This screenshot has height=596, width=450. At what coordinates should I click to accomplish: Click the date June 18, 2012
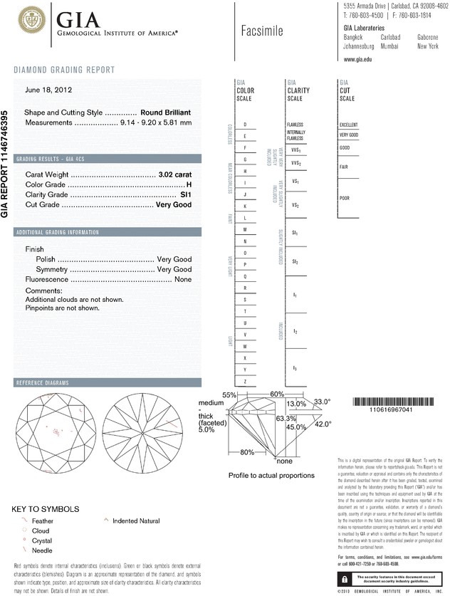click(x=48, y=90)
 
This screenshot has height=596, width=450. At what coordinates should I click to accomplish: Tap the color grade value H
click(x=189, y=184)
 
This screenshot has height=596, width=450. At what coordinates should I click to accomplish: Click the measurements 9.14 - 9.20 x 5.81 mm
click(x=156, y=122)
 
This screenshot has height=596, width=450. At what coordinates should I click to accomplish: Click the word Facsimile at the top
click(x=262, y=31)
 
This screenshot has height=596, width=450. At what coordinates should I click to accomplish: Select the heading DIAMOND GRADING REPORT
click(x=64, y=70)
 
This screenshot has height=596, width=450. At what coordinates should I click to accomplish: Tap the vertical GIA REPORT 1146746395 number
click(x=6, y=164)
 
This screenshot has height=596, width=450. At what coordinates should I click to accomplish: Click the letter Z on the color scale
click(x=245, y=382)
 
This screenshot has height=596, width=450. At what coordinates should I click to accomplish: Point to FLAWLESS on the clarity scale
click(x=295, y=125)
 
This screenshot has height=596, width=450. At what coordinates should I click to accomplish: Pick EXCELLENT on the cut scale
click(x=349, y=125)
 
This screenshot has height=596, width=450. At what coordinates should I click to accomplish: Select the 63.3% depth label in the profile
click(x=286, y=419)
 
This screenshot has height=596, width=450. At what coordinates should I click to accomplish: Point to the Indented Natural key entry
click(x=136, y=521)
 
